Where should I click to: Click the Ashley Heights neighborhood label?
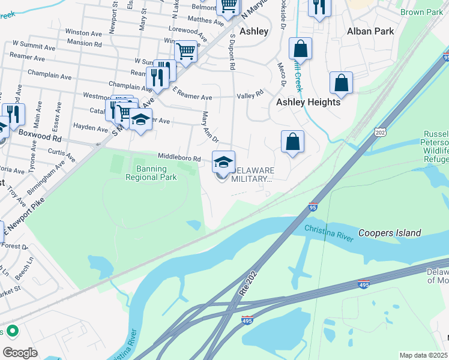coord(308,102)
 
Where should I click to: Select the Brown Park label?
coord(421,12)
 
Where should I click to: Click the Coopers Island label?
coord(390,233)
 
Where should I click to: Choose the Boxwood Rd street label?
coord(40,134)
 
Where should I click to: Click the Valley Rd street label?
coord(250,94)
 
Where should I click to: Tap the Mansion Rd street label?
coord(83,43)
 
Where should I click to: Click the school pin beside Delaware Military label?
coord(223,161)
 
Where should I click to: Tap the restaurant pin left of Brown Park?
coord(318,7)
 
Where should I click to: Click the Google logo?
coord(20,353)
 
